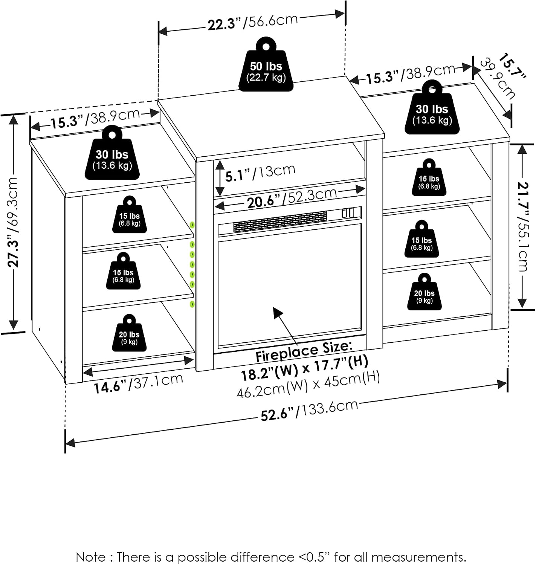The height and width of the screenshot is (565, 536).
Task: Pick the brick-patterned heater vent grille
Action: point(280,221)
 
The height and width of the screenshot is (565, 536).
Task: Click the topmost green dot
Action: point(192,225)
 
